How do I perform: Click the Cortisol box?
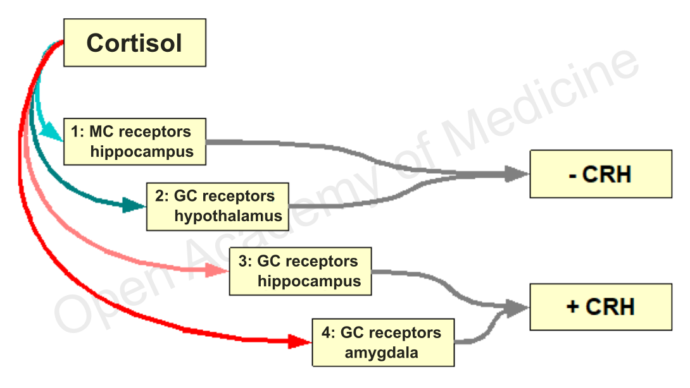pyautogui.click(x=134, y=42)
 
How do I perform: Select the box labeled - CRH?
pyautogui.click(x=601, y=174)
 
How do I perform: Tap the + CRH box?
pyautogui.click(x=601, y=306)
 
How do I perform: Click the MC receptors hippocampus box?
pyautogui.click(x=135, y=142)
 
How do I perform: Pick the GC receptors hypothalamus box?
pyautogui.click(x=217, y=207)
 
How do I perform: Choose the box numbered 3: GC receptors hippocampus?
pyautogui.click(x=300, y=271)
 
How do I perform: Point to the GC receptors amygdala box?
pyautogui.click(x=383, y=343)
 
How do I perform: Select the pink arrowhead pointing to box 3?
pyautogui.click(x=216, y=270)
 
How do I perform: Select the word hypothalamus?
pyautogui.click(x=228, y=216)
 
